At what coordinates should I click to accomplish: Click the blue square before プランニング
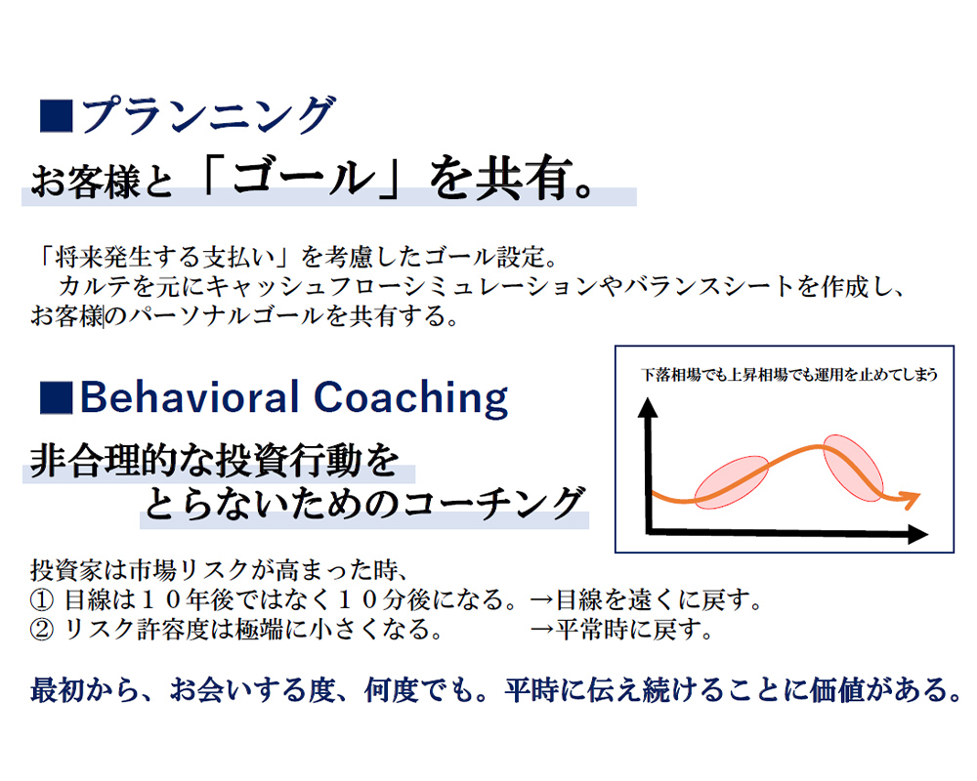[x=56, y=116]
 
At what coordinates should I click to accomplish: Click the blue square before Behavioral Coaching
[x=56, y=398]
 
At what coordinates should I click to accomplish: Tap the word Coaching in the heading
[x=411, y=398]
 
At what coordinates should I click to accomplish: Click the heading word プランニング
[x=208, y=114]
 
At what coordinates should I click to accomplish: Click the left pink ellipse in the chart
[x=732, y=482]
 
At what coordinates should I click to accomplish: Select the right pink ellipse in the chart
[x=854, y=467]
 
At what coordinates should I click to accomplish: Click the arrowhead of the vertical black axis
[x=648, y=407]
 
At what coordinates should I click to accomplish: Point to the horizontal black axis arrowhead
[x=918, y=534]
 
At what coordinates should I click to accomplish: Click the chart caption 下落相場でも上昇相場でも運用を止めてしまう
[x=789, y=374]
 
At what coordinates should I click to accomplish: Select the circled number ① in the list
[x=42, y=599]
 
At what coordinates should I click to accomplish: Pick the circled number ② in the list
[x=42, y=630]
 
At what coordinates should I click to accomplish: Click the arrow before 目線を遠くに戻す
[x=542, y=599]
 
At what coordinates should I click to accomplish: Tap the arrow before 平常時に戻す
[x=542, y=630]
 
